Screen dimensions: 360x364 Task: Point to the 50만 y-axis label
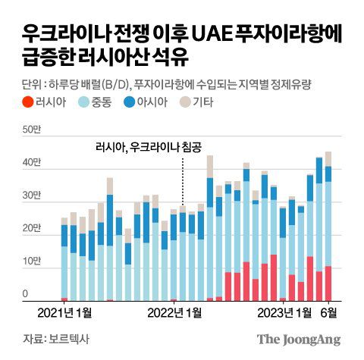32,130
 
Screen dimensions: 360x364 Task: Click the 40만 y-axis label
32,162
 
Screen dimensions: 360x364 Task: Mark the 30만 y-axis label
32,196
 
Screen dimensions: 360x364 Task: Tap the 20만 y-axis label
32,228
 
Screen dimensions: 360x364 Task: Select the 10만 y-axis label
32,261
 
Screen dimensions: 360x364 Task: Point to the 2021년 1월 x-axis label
64,312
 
